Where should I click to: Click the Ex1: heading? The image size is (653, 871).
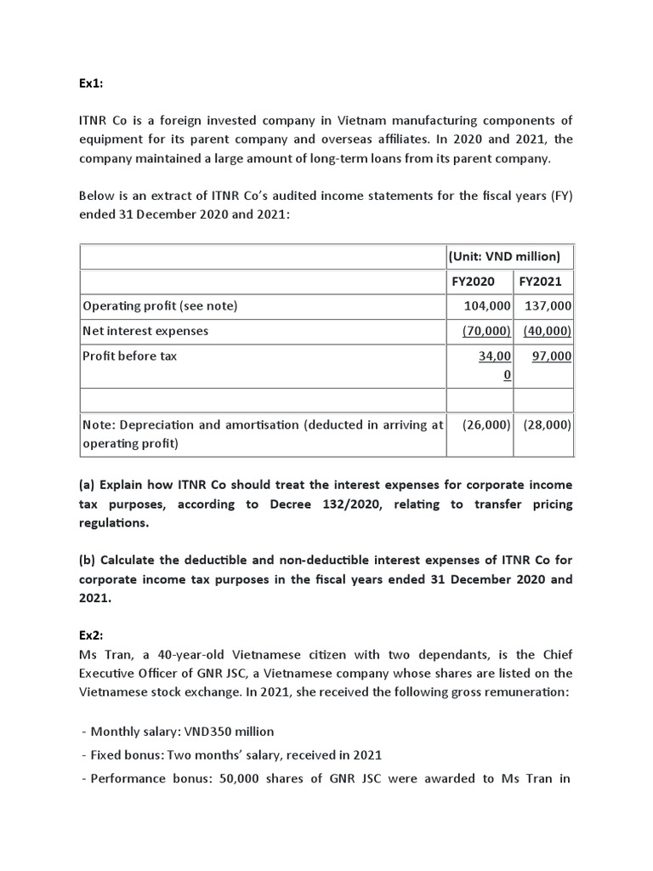coord(91,86)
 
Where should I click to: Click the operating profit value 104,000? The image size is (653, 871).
coord(487,306)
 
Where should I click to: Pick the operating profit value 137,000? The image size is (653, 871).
coord(548,306)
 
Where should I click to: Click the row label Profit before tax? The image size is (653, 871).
coord(129,356)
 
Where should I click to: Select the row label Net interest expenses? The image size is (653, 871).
coord(145,331)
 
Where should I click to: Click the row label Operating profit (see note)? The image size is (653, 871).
coord(159,306)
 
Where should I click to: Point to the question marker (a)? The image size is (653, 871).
coord(87,485)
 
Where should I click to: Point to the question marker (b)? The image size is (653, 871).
coord(87,560)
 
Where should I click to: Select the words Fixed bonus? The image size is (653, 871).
coord(128,755)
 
